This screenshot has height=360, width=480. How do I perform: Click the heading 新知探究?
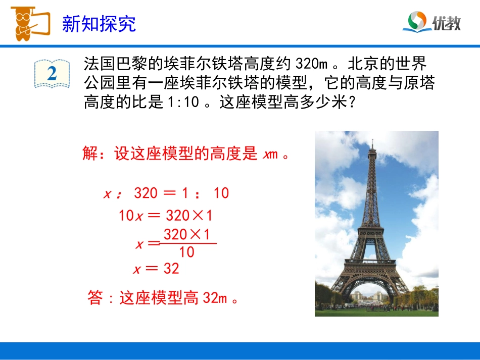coord(99,24)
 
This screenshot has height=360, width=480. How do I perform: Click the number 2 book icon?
coord(52,74)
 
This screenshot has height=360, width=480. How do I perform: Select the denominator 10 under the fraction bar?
coord(186,252)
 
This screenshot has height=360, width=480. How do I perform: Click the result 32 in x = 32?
coord(171,269)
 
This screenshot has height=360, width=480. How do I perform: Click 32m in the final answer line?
coord(214,298)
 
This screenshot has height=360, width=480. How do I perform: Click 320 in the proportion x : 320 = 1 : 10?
coord(146,193)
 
